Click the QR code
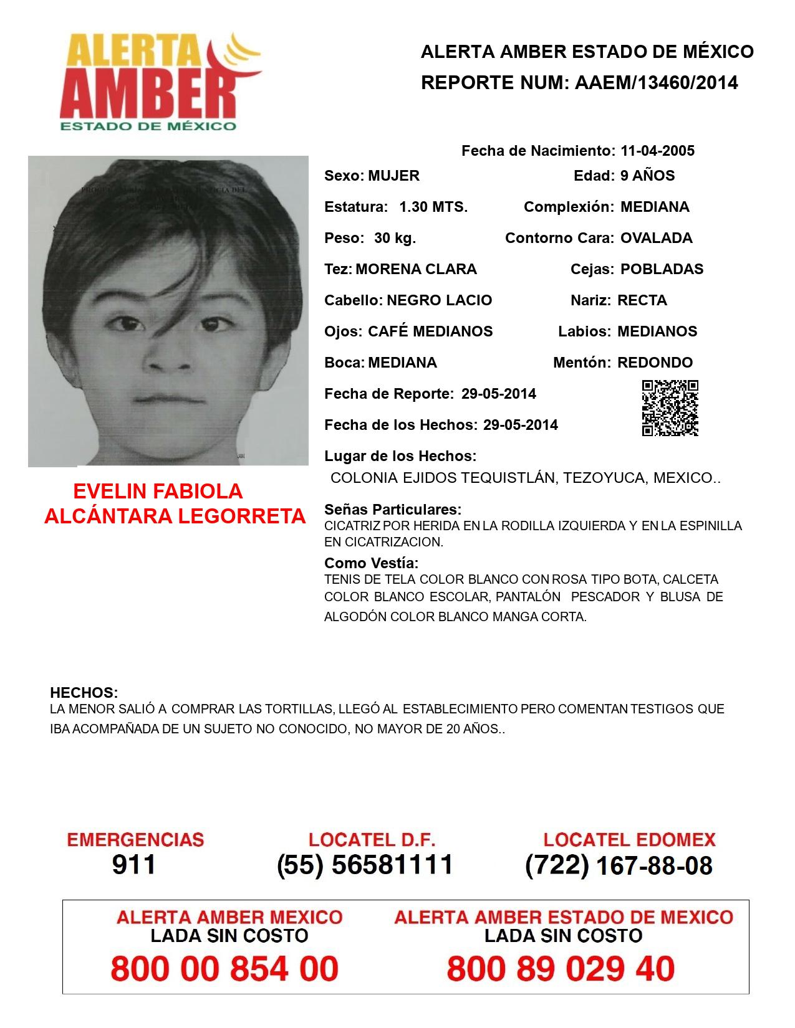670,408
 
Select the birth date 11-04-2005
657,151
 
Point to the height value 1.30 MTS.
433,207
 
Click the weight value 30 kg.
395,238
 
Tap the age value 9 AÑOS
647,176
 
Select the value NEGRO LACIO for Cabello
439,300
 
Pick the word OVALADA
656,238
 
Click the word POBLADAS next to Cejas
662,269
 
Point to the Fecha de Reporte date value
498,394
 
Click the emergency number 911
134,865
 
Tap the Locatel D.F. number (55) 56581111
365,865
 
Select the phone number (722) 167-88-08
619,865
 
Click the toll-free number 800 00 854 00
224,969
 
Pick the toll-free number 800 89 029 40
561,969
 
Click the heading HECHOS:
84,693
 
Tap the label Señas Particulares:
393,510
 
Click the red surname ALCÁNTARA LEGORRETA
175,516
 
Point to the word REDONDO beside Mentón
655,363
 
